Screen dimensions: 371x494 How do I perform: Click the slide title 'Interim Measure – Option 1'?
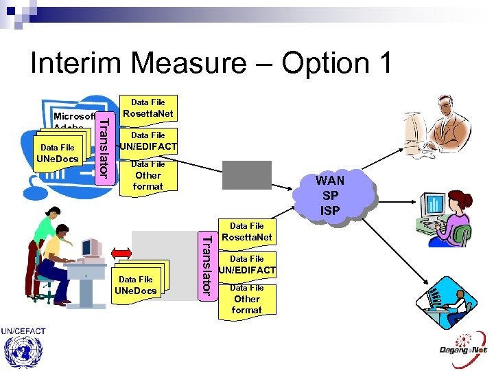click(211, 63)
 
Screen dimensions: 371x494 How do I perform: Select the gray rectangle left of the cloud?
click(246, 175)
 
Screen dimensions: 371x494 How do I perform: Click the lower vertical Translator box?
click(204, 265)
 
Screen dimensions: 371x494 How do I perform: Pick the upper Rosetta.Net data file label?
click(148, 109)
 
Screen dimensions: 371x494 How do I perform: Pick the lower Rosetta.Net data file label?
click(247, 232)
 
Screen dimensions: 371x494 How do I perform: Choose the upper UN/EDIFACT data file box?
click(148, 142)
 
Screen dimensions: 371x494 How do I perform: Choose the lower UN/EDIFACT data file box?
click(247, 265)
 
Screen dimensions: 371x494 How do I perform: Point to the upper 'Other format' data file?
click(148, 177)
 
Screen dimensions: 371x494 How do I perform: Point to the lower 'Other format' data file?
click(247, 300)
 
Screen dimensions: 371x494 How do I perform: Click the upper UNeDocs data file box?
click(58, 154)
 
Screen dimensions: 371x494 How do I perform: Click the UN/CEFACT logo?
click(23, 347)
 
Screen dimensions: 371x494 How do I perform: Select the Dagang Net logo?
click(464, 344)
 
